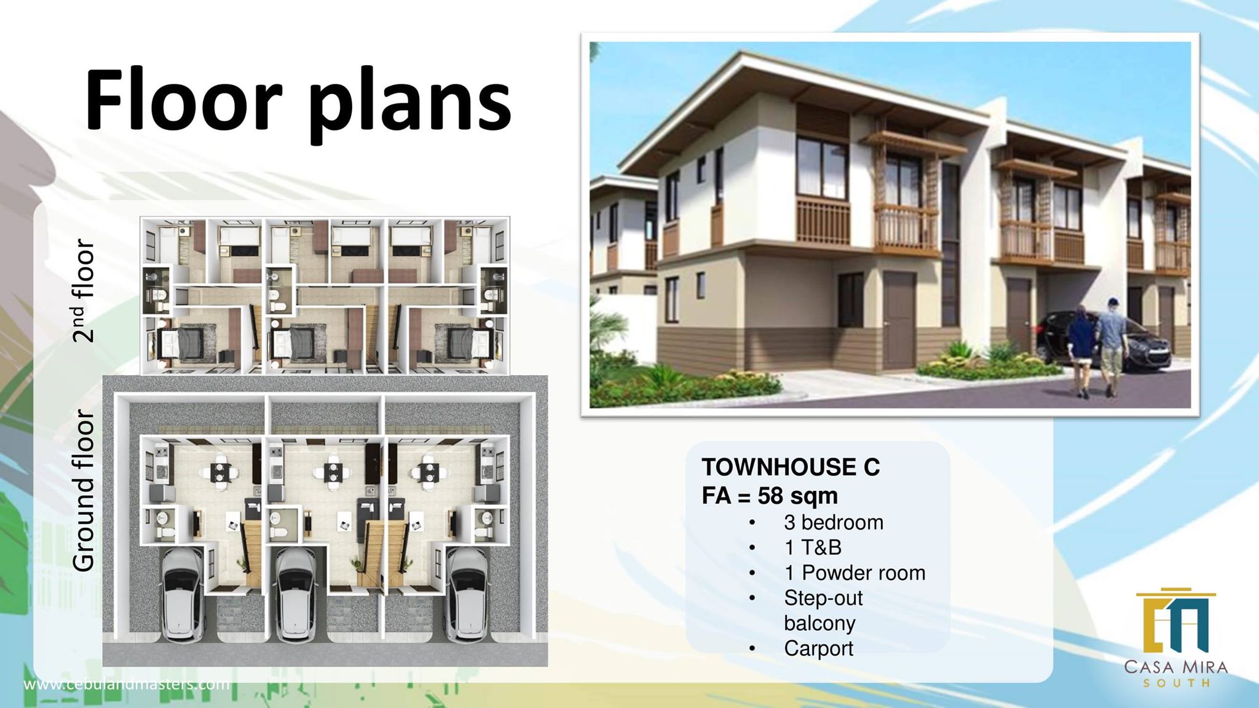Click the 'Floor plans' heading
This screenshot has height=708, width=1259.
[298, 101]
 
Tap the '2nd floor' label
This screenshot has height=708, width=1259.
[83, 290]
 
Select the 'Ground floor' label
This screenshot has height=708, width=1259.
[83, 490]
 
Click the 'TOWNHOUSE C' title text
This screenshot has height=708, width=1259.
[791, 467]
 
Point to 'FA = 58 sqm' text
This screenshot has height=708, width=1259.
[770, 496]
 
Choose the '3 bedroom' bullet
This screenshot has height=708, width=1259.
[833, 522]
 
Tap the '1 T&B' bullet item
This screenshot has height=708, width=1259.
[813, 547]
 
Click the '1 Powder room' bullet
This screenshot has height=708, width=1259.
[854, 573]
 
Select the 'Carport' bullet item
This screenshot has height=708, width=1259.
[818, 648]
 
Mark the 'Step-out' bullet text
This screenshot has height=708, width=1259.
[823, 598]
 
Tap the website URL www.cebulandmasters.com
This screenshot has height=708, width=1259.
[127, 684]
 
